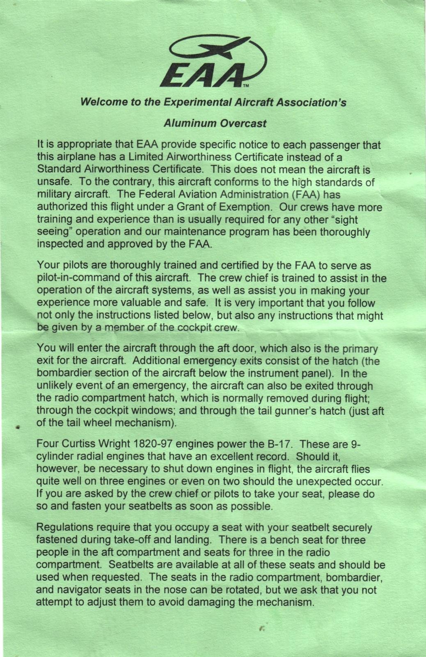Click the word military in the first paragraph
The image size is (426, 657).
(54, 194)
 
